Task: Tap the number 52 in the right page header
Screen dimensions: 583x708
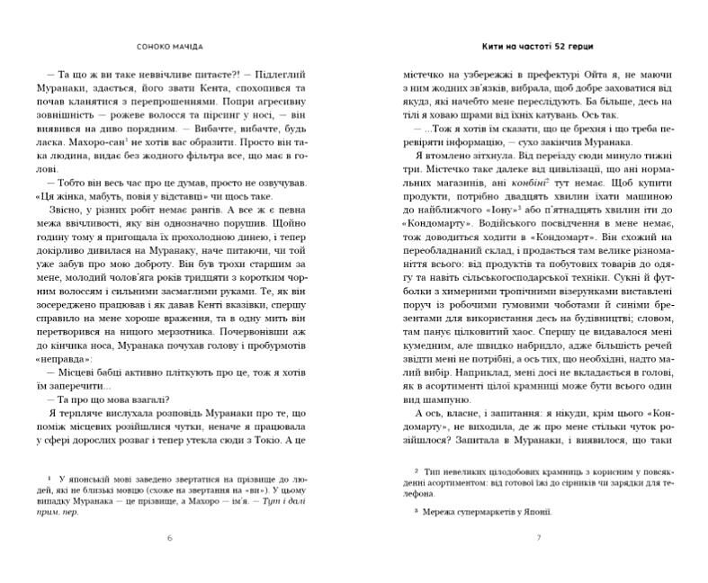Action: (562, 44)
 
